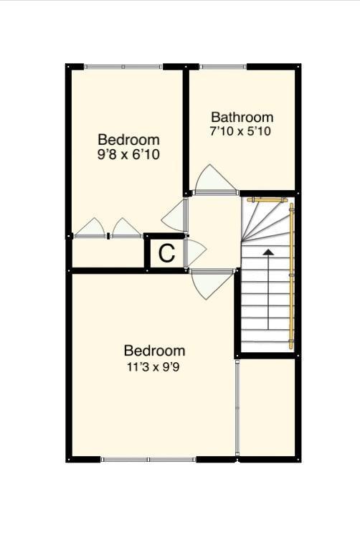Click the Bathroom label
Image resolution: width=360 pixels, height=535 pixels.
pyautogui.click(x=242, y=117)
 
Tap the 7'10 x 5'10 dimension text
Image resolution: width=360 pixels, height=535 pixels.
pyautogui.click(x=240, y=132)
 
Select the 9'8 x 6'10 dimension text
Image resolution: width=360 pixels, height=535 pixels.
pyautogui.click(x=128, y=155)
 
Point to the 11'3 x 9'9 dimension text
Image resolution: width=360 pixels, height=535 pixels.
pyautogui.click(x=153, y=367)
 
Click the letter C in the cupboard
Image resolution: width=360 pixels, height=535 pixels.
pyautogui.click(x=167, y=253)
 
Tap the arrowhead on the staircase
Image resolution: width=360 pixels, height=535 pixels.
pyautogui.click(x=268, y=252)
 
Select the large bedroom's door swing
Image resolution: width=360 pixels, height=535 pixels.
pyautogui.click(x=212, y=285)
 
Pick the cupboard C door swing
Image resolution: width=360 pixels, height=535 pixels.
pyautogui.click(x=196, y=252)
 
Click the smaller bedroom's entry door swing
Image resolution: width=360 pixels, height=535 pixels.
pyautogui.click(x=174, y=217)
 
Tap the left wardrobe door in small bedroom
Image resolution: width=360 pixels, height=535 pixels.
pyautogui.click(x=90, y=227)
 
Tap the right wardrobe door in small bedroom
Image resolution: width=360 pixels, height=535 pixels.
pyautogui.click(x=127, y=227)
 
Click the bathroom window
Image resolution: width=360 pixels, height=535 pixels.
pyautogui.click(x=223, y=67)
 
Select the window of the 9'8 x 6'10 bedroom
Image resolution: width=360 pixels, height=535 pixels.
pyautogui.click(x=123, y=67)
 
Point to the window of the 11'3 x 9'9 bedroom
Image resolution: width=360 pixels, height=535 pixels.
pyautogui.click(x=148, y=459)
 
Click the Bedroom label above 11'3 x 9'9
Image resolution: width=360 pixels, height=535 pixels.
pyautogui.click(x=154, y=351)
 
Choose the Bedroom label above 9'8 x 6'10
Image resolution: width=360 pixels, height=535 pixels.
pyautogui.click(x=128, y=140)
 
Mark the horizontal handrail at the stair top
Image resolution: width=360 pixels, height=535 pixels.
pyautogui.click(x=267, y=200)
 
